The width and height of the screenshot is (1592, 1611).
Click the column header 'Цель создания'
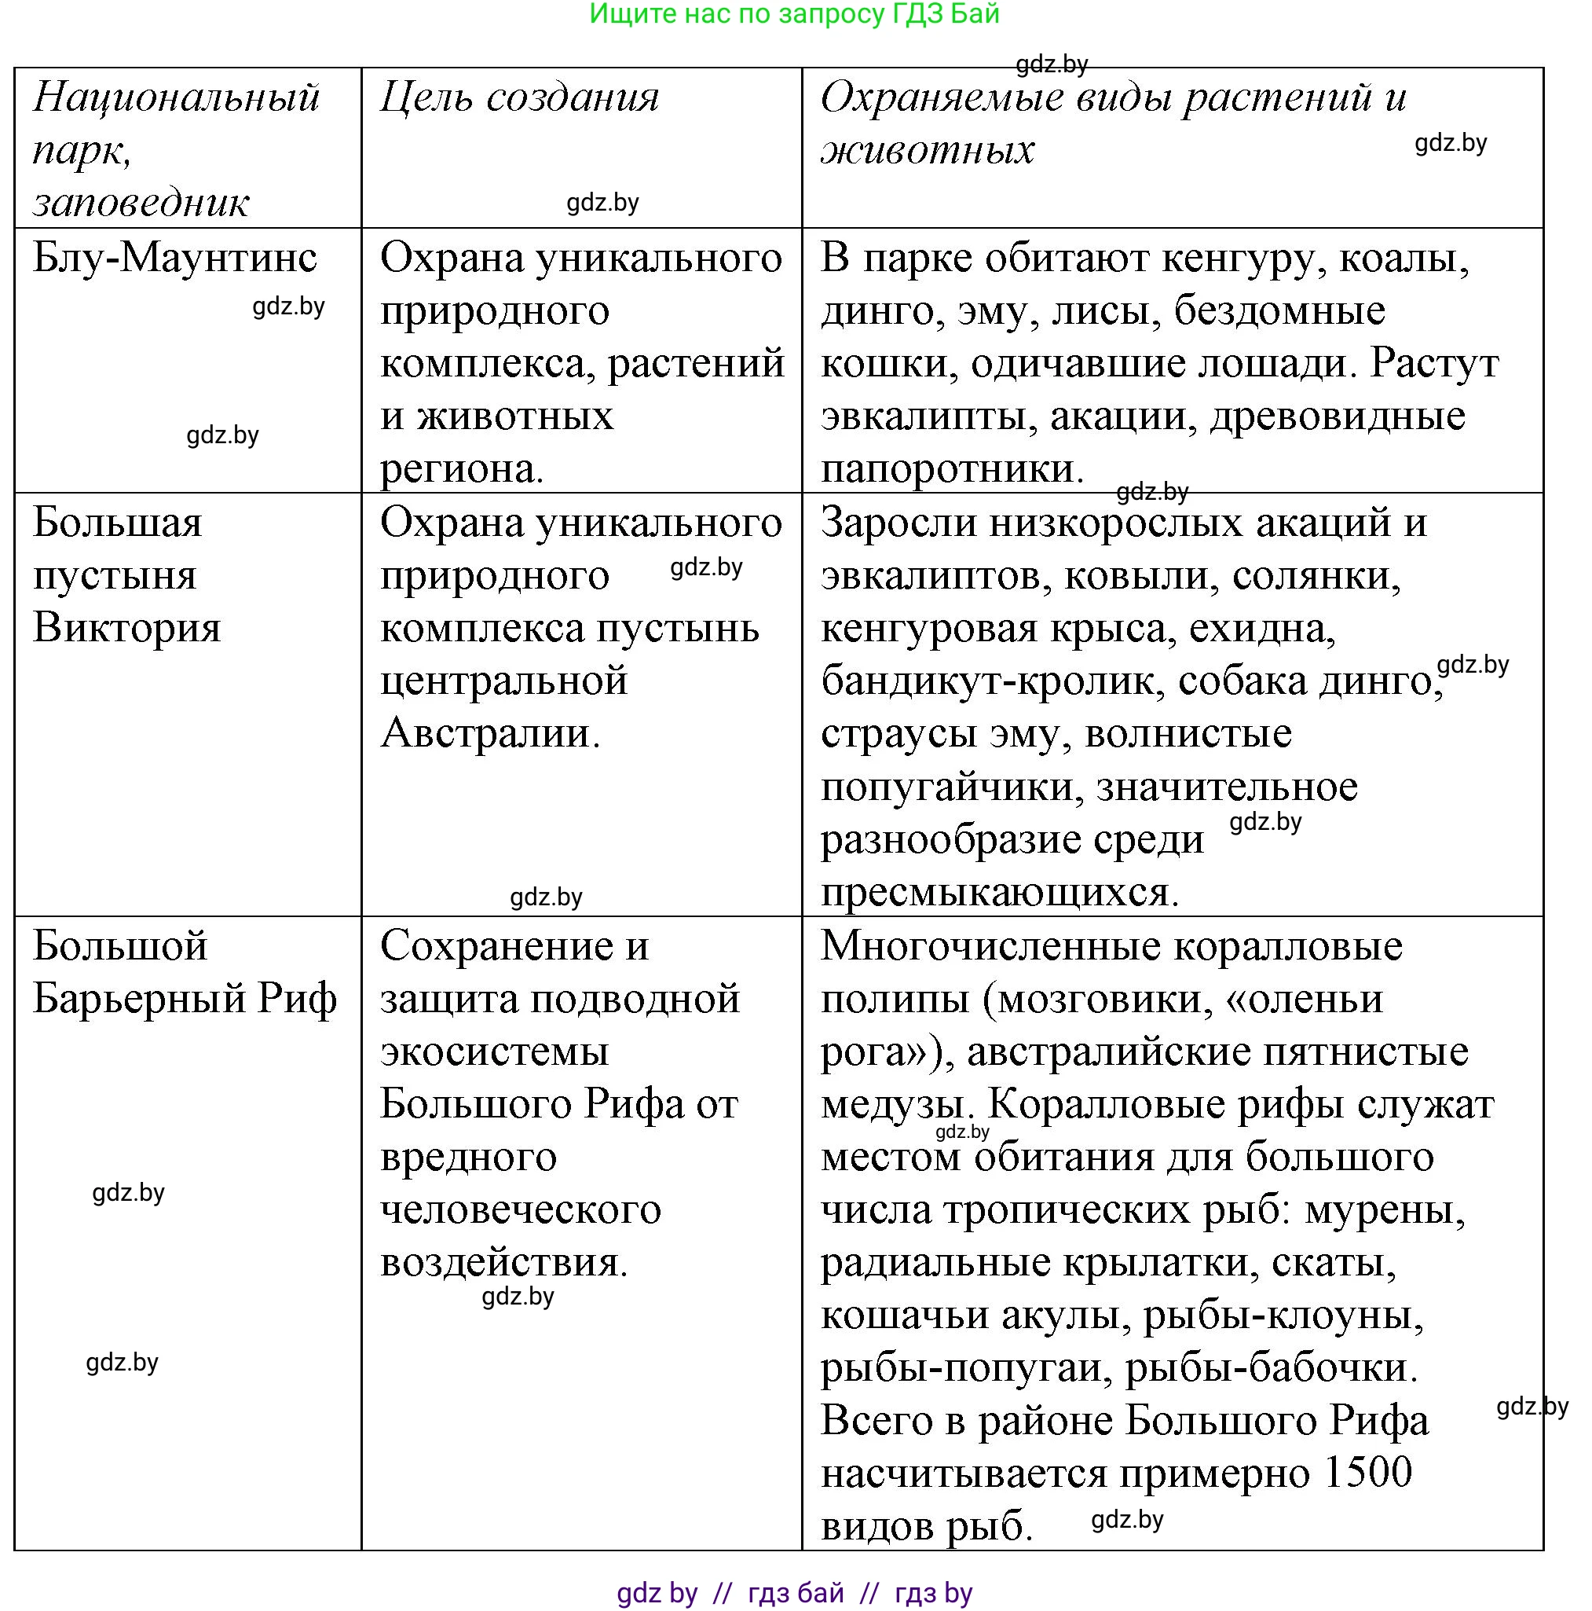[x=518, y=97]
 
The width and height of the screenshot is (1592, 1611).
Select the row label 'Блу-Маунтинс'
[x=175, y=259]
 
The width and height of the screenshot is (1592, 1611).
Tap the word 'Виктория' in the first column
[x=126, y=628]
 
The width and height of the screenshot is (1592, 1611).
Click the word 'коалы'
[x=1403, y=259]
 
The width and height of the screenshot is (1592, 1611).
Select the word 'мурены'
[x=1384, y=1209]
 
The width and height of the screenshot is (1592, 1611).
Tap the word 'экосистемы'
[x=494, y=1051]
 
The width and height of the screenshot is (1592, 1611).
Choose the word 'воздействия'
[x=502, y=1261]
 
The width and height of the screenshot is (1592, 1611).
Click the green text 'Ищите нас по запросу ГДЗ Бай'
[x=793, y=14]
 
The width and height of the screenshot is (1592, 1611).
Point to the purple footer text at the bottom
[x=793, y=1593]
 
